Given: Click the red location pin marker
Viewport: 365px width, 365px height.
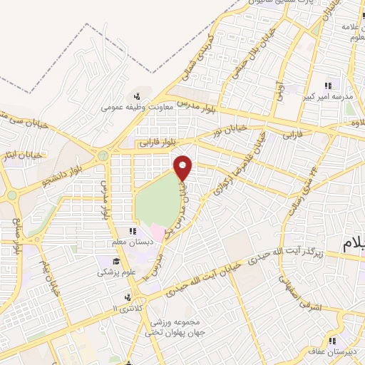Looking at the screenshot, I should tap(184, 168).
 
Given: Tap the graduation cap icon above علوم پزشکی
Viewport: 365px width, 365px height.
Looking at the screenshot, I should tap(105, 260).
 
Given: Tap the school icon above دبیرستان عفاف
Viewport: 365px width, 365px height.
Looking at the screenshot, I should tap(332, 339).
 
